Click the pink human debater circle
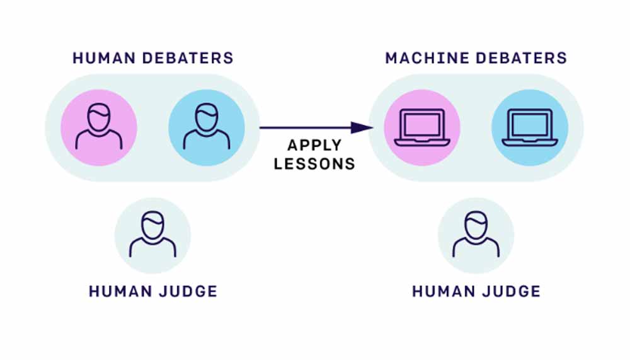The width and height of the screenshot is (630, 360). [x=99, y=128]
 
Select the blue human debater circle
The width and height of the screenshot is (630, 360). [x=206, y=128]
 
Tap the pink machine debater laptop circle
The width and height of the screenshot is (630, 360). [x=422, y=128]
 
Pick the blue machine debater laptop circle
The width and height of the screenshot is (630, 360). [x=530, y=128]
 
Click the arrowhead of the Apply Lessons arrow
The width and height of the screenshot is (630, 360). [x=360, y=128]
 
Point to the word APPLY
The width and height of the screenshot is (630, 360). [x=314, y=146]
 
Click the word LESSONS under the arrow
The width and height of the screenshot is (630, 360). [x=314, y=164]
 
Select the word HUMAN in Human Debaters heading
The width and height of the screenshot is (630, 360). [x=103, y=59]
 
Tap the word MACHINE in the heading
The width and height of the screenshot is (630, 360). [x=427, y=59]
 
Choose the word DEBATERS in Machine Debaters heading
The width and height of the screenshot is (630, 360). [x=522, y=59]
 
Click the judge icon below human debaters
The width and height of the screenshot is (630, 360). [x=152, y=236]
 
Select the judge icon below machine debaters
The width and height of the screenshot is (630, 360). [x=476, y=236]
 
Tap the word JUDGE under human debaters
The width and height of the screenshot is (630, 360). [x=185, y=292]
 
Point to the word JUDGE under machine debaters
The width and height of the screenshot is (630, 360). [x=508, y=292]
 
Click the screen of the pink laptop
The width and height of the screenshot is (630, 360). [x=422, y=124]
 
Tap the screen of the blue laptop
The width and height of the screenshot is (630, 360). [x=530, y=124]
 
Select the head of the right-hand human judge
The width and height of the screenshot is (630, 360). [x=476, y=224]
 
